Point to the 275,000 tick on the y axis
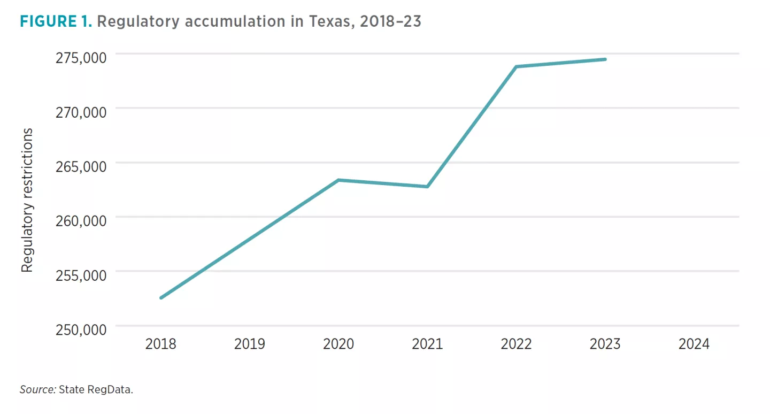tap(81, 57)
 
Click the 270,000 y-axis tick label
tap(81, 112)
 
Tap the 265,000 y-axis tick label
tap(81, 166)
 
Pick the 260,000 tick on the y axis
tap(81, 221)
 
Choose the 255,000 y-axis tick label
tap(81, 275)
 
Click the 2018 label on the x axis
tap(160, 344)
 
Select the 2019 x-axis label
tap(249, 344)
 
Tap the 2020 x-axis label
tap(338, 344)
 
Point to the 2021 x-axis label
tap(427, 344)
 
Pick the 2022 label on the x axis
tap(516, 344)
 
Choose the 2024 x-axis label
tap(694, 344)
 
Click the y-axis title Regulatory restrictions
tap(27, 200)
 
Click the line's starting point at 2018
tap(160, 298)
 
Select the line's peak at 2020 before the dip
tap(338, 180)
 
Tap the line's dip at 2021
tap(427, 187)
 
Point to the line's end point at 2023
tap(605, 59)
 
